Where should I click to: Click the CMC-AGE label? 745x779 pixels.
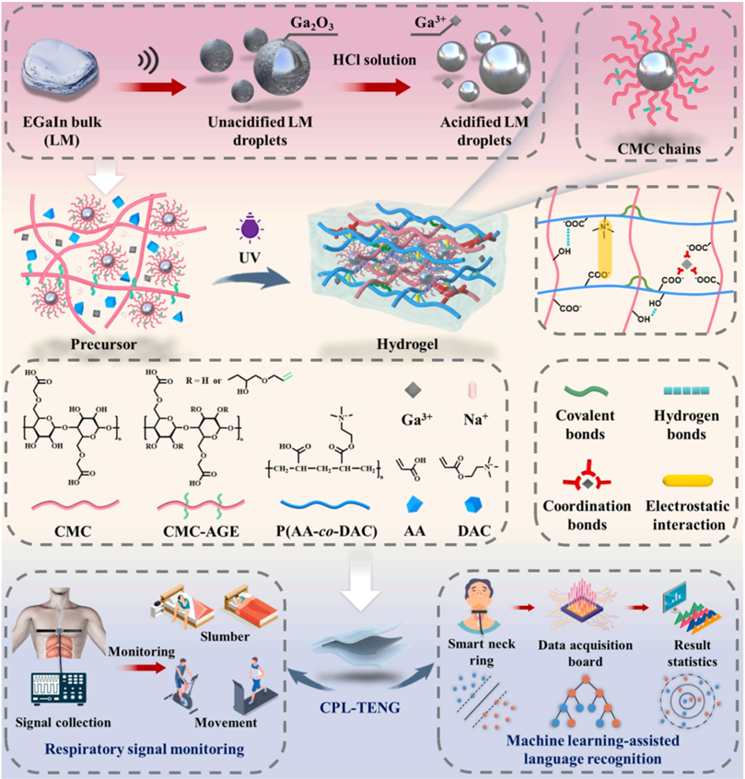[x=194, y=530]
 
